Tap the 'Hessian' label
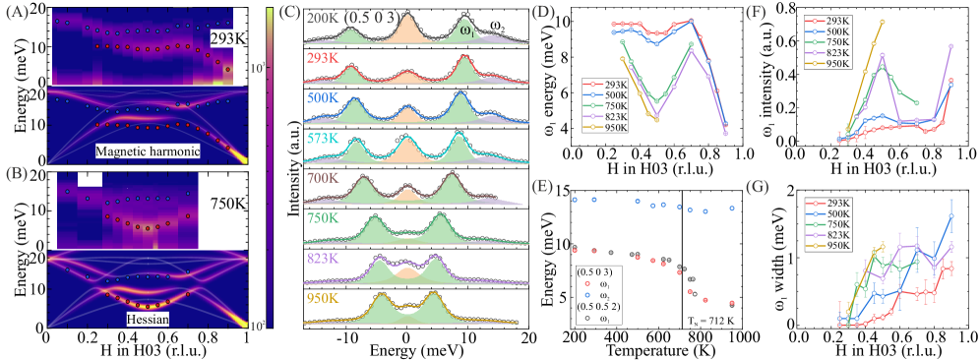click(x=143, y=320)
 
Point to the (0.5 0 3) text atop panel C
click(x=372, y=18)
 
